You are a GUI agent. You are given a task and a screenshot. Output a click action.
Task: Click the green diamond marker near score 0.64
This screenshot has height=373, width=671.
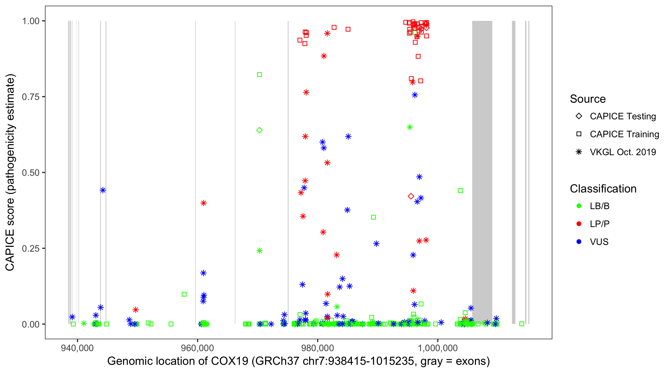(259, 130)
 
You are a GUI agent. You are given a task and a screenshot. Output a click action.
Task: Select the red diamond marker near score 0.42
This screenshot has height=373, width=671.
(411, 196)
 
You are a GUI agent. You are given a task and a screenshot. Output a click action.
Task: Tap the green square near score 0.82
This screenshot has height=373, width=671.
(259, 75)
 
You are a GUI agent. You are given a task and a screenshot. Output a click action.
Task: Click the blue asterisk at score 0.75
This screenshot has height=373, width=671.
(415, 95)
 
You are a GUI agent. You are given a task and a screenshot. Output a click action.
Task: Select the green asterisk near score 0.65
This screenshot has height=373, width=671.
(410, 127)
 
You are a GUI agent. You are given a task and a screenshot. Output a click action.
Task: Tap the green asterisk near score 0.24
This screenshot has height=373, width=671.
(259, 250)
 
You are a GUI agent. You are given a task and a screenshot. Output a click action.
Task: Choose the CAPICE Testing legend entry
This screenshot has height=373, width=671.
(623, 116)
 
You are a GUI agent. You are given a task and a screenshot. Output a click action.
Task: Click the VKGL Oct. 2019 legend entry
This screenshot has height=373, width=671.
(623, 152)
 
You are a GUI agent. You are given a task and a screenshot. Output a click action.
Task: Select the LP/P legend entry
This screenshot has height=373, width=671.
(599, 224)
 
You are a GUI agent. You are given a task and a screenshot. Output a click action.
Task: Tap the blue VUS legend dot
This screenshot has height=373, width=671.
(579, 242)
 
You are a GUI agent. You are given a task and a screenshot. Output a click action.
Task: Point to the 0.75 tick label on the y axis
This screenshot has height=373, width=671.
(30, 97)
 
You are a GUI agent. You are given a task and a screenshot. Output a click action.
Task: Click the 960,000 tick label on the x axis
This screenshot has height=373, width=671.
(197, 348)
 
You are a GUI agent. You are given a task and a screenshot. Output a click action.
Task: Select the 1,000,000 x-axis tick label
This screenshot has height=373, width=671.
(438, 348)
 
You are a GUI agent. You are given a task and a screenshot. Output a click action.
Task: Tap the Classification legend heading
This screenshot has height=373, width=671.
(603, 189)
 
